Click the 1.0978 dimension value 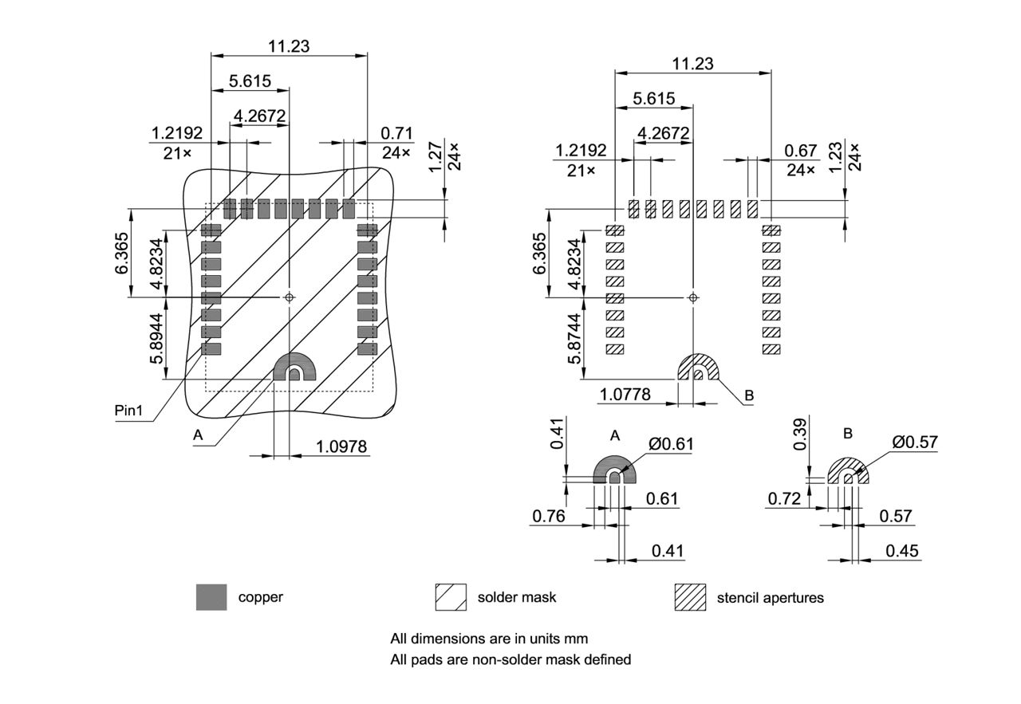pos(342,446)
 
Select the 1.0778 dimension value pos(625,394)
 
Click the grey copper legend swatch pos(211,597)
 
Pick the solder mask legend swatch pos(451,597)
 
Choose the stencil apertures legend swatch pos(690,597)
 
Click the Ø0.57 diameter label pos(915,442)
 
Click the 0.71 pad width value pos(396,132)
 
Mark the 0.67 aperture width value pos(801,151)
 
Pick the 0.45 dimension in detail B pos(901,551)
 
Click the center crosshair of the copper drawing pos(290,297)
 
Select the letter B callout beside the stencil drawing pos(749,395)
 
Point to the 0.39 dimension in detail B pos(800,435)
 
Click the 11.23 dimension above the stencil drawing pos(692,64)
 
